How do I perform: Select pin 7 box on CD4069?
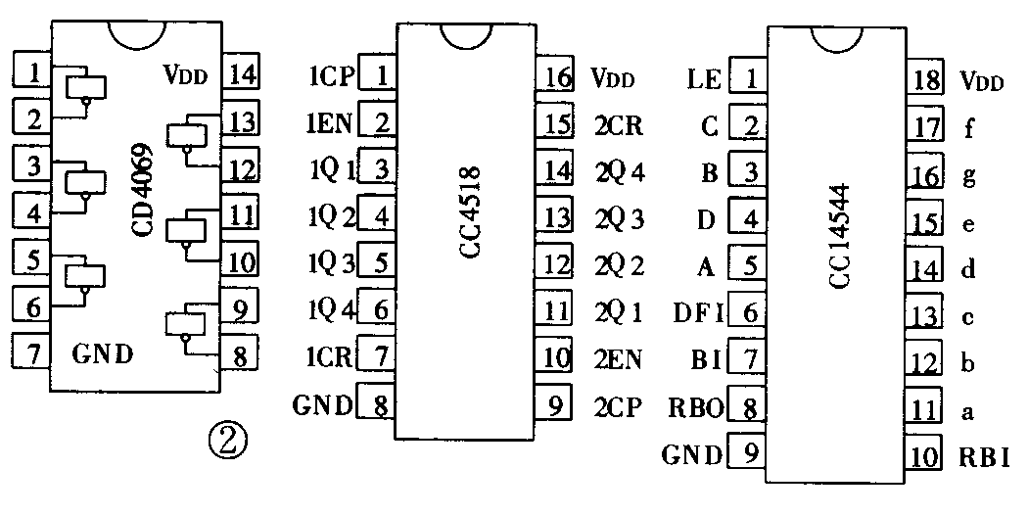coord(31,351)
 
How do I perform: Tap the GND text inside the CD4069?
coord(103,352)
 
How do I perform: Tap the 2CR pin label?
coord(619,125)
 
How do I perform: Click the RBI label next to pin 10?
coord(984,456)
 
